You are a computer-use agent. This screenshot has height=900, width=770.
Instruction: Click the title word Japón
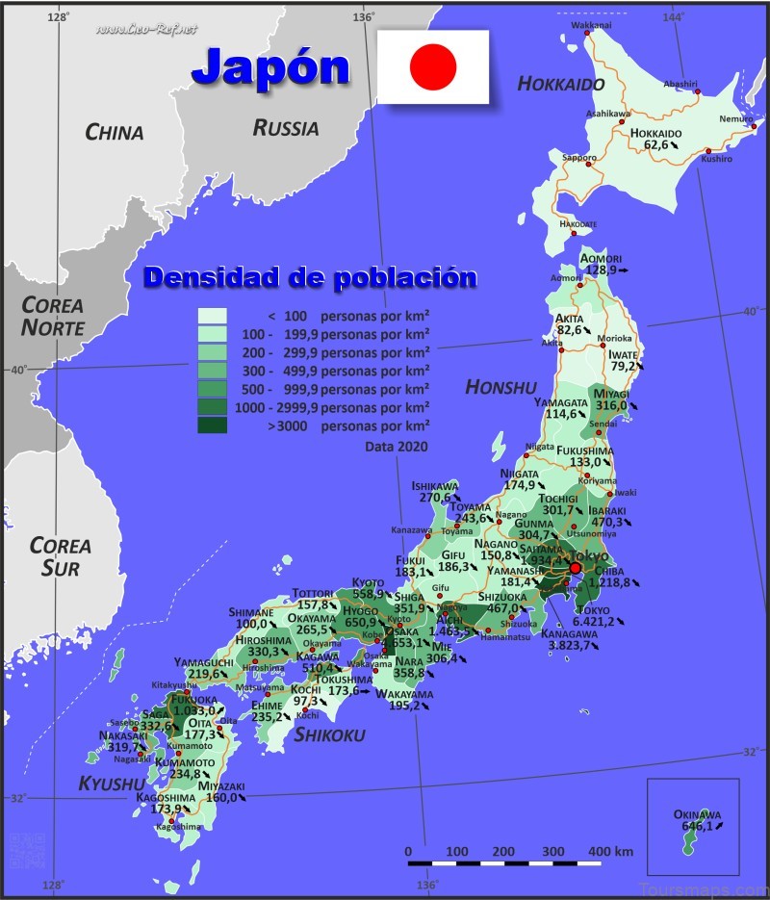(270, 66)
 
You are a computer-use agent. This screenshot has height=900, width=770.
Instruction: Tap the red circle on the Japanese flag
(432, 66)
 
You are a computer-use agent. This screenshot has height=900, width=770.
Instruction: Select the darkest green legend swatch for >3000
(212, 424)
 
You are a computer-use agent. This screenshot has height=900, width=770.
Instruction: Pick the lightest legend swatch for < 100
(212, 316)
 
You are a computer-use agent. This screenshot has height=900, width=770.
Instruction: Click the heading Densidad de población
(310, 278)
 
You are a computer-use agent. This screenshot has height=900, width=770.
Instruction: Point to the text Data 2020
(396, 447)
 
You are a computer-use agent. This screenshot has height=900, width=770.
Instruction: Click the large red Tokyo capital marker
(576, 568)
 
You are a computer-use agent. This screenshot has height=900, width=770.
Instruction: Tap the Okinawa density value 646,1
(697, 826)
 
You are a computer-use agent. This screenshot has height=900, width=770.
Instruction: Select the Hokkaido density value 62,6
(655, 145)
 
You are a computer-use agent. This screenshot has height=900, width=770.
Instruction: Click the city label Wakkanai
(590, 25)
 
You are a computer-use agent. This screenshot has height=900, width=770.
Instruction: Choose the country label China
(114, 133)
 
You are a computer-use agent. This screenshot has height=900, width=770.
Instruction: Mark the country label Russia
(286, 128)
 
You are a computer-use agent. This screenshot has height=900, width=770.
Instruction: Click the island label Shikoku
(329, 735)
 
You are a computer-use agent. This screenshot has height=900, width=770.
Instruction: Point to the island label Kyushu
(111, 784)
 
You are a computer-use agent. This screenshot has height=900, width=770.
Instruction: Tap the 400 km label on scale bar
(610, 852)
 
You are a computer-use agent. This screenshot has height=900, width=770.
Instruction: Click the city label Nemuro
(735, 119)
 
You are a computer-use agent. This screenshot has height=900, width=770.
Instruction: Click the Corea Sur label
(60, 556)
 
